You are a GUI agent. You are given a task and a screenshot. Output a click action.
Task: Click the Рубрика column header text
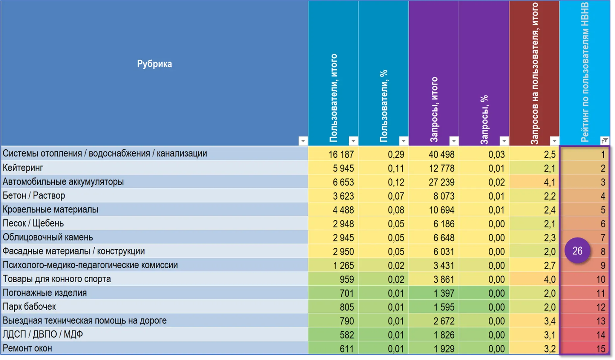coord(154,64)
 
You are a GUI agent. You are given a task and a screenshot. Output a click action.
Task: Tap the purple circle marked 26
coord(577,251)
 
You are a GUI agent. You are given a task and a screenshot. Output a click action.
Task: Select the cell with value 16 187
coord(333,154)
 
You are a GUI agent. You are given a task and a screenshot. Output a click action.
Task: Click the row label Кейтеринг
coord(23,168)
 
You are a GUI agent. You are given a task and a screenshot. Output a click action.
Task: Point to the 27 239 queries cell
coord(434,182)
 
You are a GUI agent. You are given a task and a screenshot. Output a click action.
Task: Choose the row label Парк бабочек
coord(29,306)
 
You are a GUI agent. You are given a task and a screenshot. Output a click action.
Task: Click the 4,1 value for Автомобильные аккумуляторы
coord(534,182)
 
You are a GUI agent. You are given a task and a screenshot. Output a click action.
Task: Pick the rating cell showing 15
coord(585,348)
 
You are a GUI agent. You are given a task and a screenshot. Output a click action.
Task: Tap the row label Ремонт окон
coord(27,348)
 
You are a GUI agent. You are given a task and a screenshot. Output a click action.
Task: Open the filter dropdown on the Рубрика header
coord(303,141)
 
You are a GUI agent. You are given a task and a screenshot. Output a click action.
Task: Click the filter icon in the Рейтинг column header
coord(605,141)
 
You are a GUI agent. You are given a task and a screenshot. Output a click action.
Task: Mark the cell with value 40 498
coord(434,154)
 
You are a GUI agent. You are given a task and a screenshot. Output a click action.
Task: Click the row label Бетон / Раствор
coord(34,195)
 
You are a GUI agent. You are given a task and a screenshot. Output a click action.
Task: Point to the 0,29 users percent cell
coord(384,154)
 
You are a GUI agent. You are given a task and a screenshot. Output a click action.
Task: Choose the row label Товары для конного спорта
coord(57,279)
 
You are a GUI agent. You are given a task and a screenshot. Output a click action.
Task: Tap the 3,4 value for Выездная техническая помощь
coord(534,321)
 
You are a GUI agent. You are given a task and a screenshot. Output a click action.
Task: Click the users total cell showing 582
coord(333,335)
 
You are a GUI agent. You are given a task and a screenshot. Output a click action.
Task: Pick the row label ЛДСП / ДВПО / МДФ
coord(43,334)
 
